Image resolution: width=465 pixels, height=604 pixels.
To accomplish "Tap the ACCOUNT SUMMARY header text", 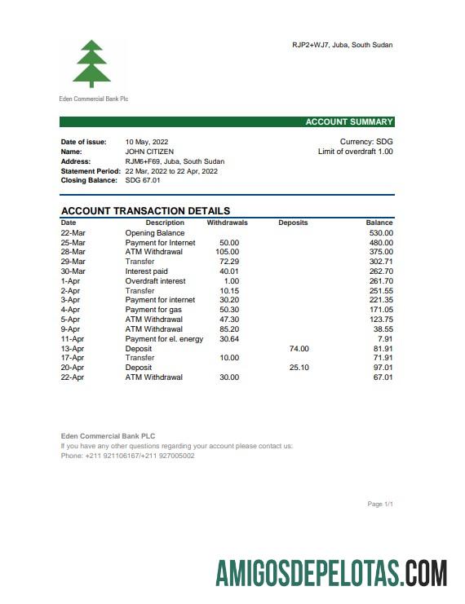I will tap(348, 122).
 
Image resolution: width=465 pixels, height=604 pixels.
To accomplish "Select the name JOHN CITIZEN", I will tap(149, 152).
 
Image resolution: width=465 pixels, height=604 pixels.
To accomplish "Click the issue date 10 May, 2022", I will tap(147, 142).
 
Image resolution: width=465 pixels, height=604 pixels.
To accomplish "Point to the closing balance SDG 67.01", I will tap(143, 180).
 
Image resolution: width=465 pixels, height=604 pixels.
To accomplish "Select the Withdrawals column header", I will tap(227, 223).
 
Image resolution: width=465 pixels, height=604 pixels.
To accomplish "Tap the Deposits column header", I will tap(293, 223).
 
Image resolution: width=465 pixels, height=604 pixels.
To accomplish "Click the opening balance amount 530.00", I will tap(379, 233).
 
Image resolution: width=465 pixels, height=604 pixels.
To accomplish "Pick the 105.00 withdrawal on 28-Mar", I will tap(228, 252).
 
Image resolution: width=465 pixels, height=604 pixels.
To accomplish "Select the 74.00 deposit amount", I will tap(299, 349).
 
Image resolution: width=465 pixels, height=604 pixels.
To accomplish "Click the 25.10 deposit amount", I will tap(299, 368).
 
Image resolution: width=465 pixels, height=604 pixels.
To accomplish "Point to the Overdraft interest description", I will tap(155, 281).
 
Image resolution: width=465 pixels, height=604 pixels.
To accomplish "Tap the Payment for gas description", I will tap(153, 310).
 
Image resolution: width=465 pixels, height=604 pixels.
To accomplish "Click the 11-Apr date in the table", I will tap(73, 339).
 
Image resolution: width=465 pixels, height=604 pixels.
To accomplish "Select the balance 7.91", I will tap(385, 339).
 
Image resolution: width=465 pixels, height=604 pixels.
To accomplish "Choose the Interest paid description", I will tap(146, 271).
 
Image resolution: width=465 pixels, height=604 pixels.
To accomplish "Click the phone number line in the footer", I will tap(127, 456).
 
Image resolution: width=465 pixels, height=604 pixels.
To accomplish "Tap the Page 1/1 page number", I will tap(380, 505).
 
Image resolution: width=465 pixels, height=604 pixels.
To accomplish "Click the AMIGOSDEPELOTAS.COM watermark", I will tap(331, 573).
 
